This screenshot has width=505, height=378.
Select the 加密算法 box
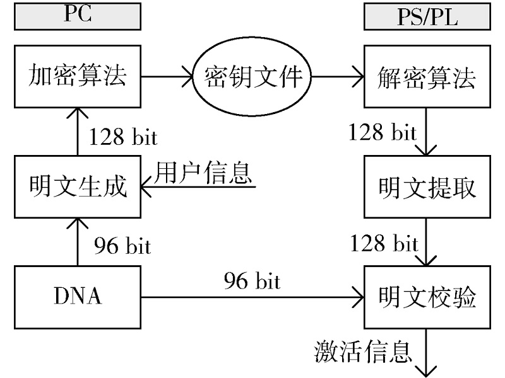pos(78,77)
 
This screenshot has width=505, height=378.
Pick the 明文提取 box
pos(427,187)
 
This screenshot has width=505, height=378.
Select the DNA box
pos(78,296)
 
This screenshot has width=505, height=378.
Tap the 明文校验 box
pos(427,296)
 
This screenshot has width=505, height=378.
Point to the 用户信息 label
pos(204,172)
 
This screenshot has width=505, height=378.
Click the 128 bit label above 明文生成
pos(123,137)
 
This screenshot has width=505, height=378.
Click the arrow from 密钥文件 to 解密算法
pos(338,79)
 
